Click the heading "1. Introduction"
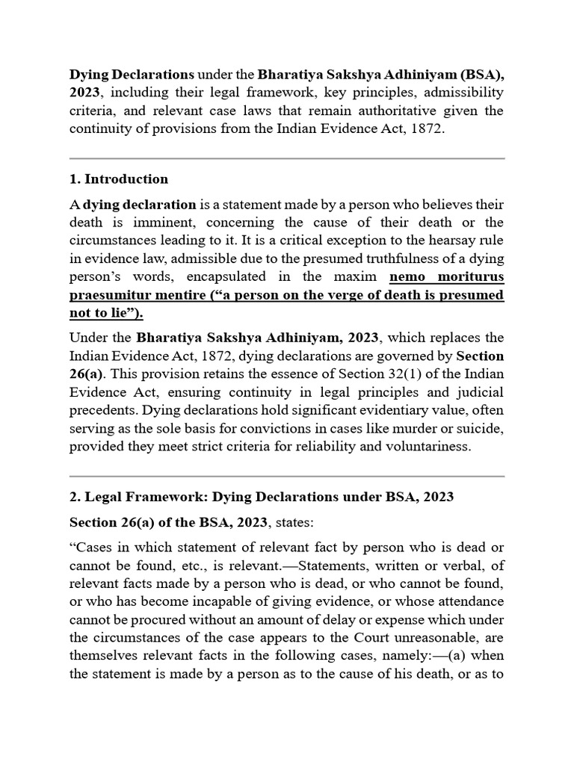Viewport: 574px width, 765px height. click(119, 179)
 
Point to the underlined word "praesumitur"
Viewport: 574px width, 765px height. click(108, 295)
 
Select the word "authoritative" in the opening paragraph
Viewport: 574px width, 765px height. click(375, 111)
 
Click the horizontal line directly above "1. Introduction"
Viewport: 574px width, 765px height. click(287, 158)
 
